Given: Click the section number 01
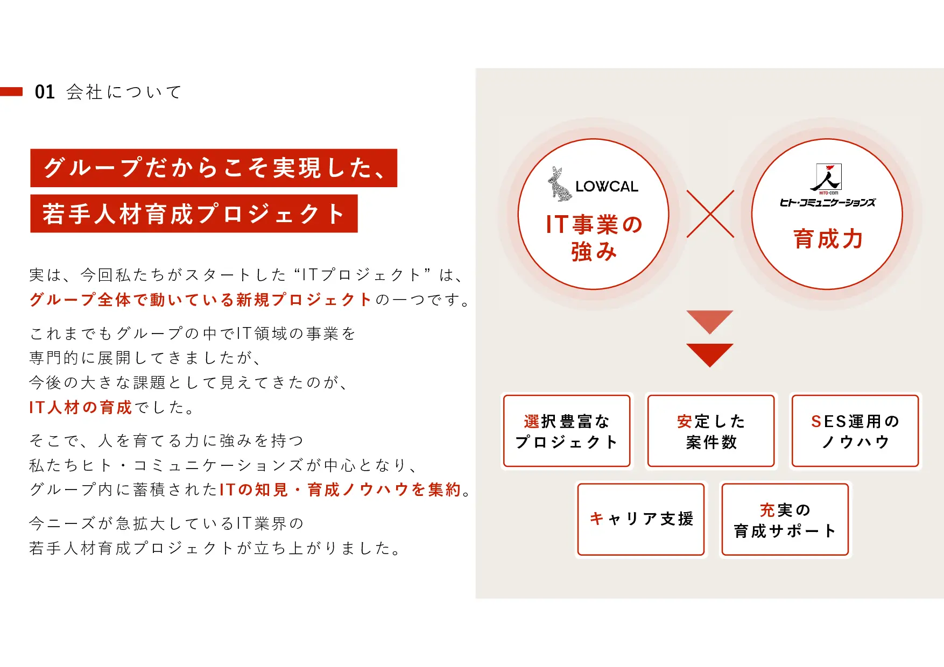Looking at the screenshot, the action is click(45, 92).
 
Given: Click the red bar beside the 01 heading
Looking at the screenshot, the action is click(11, 91).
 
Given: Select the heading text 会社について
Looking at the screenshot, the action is click(124, 92).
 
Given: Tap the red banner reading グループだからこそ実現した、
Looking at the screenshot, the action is click(214, 168).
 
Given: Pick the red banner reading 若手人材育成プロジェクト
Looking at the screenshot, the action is click(194, 214).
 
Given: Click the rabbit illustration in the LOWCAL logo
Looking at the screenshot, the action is click(560, 184).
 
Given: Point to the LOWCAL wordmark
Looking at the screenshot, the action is click(607, 187).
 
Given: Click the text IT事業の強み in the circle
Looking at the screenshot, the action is click(594, 238).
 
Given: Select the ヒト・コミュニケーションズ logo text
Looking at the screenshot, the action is click(828, 202).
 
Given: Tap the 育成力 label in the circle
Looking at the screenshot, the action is click(828, 239).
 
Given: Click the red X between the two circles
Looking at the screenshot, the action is click(710, 214).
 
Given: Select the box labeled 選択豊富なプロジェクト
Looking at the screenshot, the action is click(567, 431).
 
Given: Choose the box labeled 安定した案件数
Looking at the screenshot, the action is click(711, 431).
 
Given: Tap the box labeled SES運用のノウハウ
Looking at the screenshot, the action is click(855, 431).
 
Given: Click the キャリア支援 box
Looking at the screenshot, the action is click(641, 519).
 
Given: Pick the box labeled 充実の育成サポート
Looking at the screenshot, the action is click(785, 519).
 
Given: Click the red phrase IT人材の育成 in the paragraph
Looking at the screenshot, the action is click(81, 407).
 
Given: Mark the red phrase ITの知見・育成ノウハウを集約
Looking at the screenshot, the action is click(341, 489).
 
